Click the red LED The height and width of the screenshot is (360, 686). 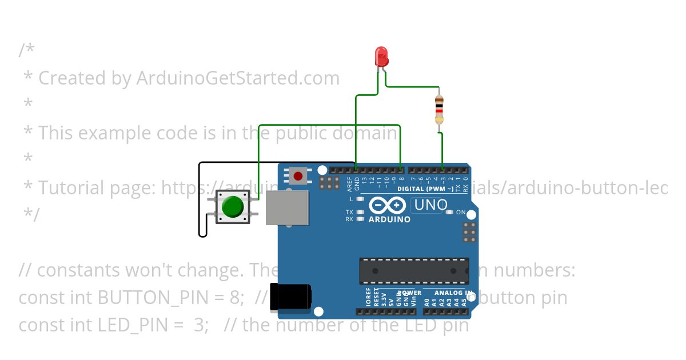(381, 56)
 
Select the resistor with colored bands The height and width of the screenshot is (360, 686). (439, 110)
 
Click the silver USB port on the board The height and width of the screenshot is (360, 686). (288, 207)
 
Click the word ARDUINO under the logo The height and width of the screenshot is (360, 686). (389, 219)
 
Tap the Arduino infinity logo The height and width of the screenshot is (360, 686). (388, 205)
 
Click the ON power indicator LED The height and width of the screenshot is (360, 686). (449, 212)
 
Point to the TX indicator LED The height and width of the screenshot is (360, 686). (360, 212)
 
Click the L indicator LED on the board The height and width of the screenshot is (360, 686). (360, 199)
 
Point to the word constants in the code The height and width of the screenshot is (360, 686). (89, 270)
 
